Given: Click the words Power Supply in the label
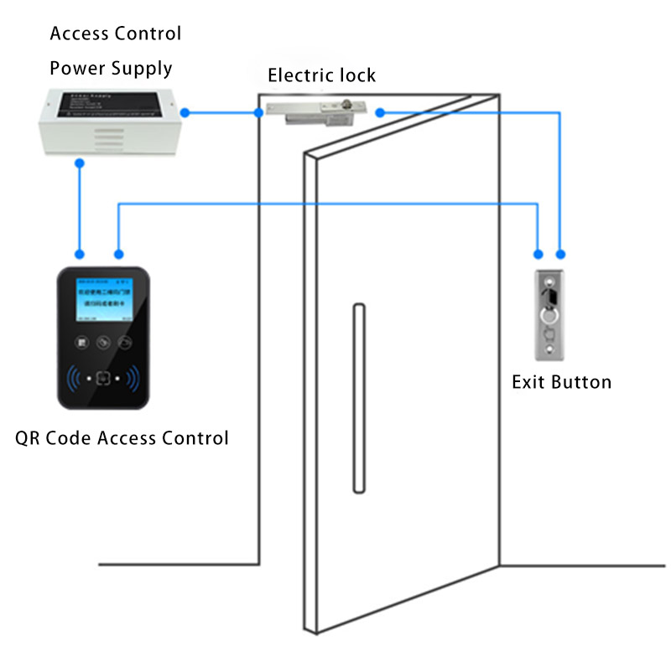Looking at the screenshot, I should [111, 68].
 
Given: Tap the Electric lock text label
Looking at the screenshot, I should [321, 76].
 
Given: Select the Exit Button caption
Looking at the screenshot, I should [561, 383].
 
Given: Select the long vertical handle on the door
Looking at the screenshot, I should [358, 399].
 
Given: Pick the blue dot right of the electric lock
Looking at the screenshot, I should [380, 111].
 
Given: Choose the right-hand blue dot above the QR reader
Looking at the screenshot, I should [118, 253].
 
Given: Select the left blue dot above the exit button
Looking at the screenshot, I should [538, 252].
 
